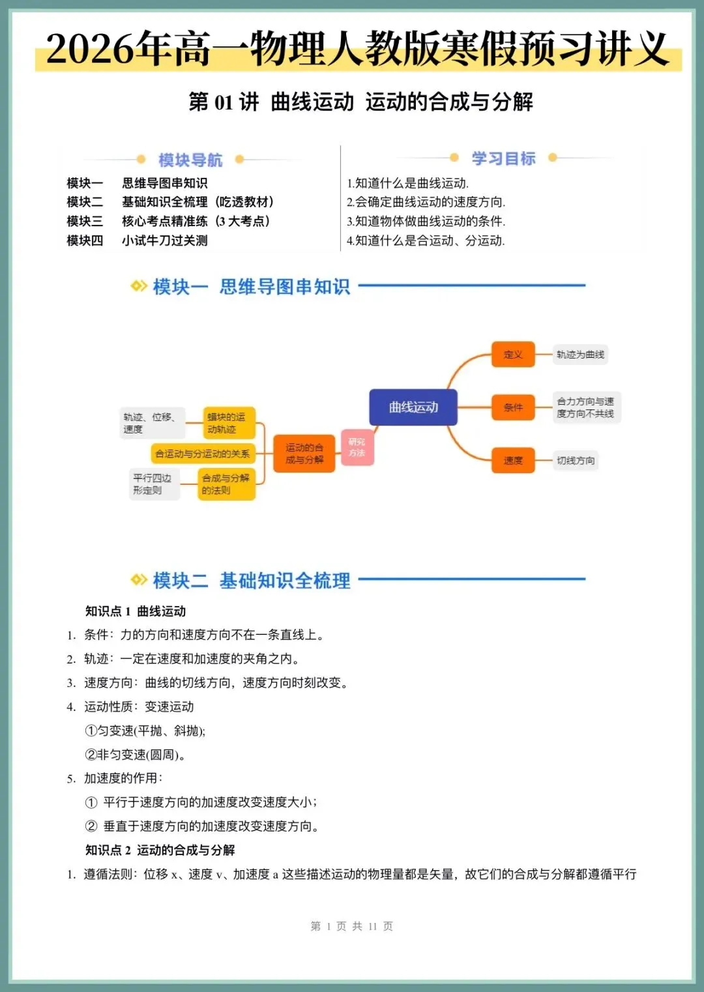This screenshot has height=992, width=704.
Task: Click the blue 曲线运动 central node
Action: tap(413, 407)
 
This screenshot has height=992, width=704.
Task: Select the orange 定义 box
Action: tap(513, 355)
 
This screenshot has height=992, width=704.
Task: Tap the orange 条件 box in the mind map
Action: tap(513, 407)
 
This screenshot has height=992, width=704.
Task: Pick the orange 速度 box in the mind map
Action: tap(513, 460)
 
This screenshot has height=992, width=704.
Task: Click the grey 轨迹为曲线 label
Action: tap(580, 355)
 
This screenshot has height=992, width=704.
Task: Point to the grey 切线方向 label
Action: tap(576, 460)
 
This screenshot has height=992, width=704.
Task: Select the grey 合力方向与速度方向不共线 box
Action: tap(585, 407)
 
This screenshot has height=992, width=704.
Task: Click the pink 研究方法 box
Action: tap(357, 447)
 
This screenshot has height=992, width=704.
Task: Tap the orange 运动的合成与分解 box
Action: tap(304, 454)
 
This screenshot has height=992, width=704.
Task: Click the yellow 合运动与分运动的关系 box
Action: tap(202, 454)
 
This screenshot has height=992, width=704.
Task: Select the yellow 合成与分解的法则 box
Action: tap(226, 484)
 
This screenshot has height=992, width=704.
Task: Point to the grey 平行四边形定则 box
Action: tap(153, 484)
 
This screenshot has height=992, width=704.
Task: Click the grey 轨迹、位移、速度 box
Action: tap(151, 423)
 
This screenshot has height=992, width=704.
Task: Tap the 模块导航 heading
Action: tap(190, 160)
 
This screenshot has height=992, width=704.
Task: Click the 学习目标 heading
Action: tap(503, 158)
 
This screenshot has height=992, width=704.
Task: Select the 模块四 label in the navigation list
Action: tap(85, 241)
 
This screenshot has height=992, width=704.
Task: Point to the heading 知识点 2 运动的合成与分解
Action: tap(160, 850)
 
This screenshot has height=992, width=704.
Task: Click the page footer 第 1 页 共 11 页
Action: tap(352, 926)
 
